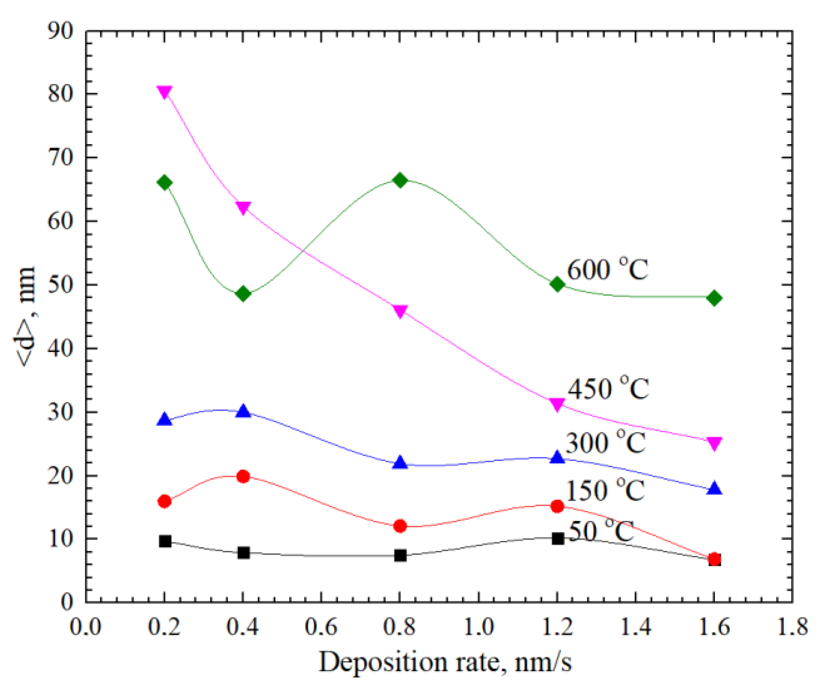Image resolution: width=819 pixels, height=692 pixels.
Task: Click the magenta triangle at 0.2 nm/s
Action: pos(165,91)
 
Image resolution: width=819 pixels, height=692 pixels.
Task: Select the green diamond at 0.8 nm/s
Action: pos(400,180)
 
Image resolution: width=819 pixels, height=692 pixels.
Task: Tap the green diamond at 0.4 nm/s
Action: pos(243,294)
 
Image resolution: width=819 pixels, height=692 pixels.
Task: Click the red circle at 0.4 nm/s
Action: pos(243,476)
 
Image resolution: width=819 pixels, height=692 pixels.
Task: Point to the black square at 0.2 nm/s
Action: pos(165,541)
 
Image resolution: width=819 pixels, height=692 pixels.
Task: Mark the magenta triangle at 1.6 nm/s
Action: pos(714,444)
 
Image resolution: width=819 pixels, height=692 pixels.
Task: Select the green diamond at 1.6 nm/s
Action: pos(714,298)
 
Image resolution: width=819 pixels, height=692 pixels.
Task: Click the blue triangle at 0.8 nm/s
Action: pos(400,463)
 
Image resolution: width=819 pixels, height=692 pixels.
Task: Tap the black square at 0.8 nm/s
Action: pos(400,555)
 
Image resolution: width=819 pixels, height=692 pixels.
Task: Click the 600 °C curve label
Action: pos(607,270)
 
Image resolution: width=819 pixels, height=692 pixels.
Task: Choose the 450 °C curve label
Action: pos(608,389)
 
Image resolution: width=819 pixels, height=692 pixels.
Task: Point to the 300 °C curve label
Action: pos(605,442)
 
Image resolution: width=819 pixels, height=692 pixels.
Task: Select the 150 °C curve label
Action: pos(605,490)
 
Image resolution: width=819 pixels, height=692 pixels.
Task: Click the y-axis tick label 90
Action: pos(61,31)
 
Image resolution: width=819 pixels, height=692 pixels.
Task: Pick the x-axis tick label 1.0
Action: pos(478,626)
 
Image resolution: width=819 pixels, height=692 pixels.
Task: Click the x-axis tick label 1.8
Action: pos(792,626)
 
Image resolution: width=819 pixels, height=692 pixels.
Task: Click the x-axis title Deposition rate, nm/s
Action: pos(444,662)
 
